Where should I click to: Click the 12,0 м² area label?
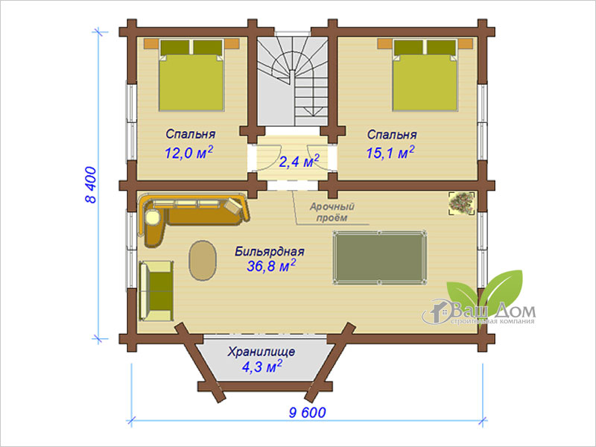pos(188,152)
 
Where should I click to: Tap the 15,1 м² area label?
pos(390,152)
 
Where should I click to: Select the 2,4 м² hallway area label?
pos(299,161)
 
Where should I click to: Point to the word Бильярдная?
pos(270,251)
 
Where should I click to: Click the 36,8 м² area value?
pos(271,266)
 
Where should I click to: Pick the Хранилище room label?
pos(261,352)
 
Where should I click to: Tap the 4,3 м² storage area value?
pos(262,367)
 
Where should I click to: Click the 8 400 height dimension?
pos(91,185)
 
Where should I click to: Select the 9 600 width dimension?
pos(307,413)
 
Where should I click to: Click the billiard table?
pos(379,257)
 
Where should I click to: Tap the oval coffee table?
pos(203,260)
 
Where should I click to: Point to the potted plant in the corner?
pos(462,203)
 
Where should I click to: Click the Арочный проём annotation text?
pos(332,212)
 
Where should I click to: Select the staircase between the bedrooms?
pos(292,81)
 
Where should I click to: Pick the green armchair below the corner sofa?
pos(156,291)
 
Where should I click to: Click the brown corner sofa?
pos(193,218)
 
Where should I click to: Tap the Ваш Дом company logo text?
pos(494,311)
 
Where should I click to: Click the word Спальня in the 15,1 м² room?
pos(392,135)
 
